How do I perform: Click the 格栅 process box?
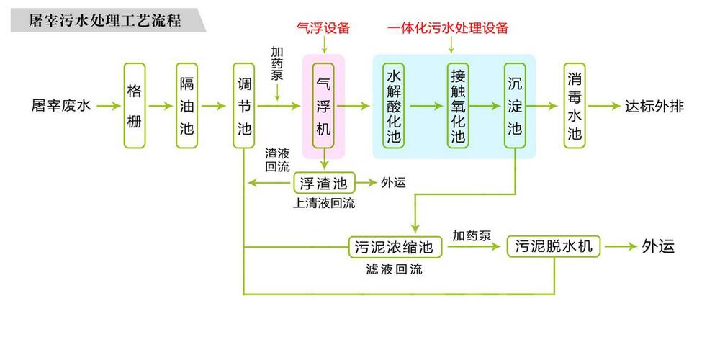(x=135, y=106)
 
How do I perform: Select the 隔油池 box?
(x=187, y=106)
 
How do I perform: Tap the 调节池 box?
(x=244, y=106)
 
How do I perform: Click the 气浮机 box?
(x=323, y=106)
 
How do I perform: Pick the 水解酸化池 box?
(x=394, y=106)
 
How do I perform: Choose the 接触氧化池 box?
(x=458, y=106)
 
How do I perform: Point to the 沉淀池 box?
(x=515, y=106)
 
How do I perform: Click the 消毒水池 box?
(x=575, y=106)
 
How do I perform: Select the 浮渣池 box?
(x=324, y=183)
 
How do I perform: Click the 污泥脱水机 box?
(x=553, y=246)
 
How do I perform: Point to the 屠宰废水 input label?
(x=61, y=106)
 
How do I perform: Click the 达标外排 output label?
(x=654, y=106)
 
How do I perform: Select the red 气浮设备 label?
(x=324, y=28)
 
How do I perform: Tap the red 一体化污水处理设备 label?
(x=448, y=28)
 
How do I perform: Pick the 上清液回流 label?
(x=324, y=204)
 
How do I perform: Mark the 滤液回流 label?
(x=394, y=269)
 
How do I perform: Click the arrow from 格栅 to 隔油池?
(x=161, y=106)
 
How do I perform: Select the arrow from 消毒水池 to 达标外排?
(x=604, y=106)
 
